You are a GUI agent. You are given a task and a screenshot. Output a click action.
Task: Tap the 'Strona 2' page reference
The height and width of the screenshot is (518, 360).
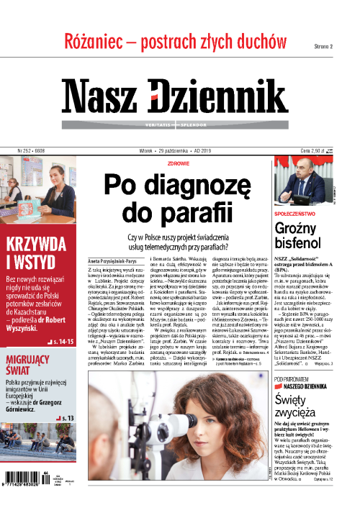click(x=323, y=46)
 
